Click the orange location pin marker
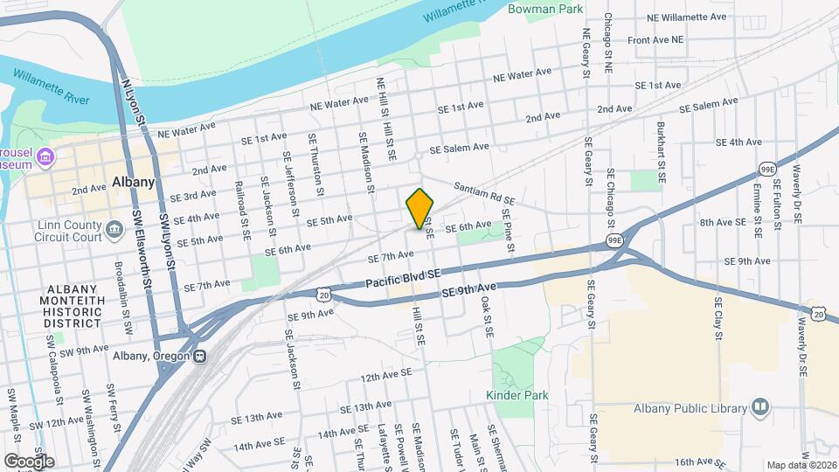tap(420, 208)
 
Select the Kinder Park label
tap(517, 395)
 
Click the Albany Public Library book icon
tap(760, 407)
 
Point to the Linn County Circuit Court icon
tap(114, 232)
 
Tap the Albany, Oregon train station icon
tap(201, 356)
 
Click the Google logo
tap(29, 461)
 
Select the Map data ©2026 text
tap(801, 465)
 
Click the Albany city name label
tap(134, 183)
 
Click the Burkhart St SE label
tap(662, 150)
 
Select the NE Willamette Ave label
tap(687, 17)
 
